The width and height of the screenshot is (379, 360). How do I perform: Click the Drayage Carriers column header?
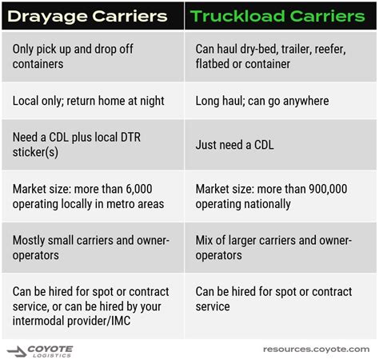click(87, 17)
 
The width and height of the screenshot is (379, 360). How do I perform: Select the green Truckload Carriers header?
click(277, 16)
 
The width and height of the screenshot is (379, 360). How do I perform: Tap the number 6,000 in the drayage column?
click(139, 189)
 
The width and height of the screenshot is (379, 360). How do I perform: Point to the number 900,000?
click(328, 189)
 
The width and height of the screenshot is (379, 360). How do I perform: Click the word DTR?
click(130, 137)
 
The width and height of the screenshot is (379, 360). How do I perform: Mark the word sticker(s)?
click(35, 152)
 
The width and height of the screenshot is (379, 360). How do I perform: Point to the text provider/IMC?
click(98, 321)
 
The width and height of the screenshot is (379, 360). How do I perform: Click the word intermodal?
click(38, 321)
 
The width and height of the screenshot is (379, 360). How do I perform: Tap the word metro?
click(119, 204)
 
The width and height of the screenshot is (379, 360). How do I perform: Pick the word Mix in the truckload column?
click(204, 240)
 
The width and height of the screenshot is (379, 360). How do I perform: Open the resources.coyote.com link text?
click(317, 350)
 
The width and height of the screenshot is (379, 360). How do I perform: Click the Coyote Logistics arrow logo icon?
click(17, 351)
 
